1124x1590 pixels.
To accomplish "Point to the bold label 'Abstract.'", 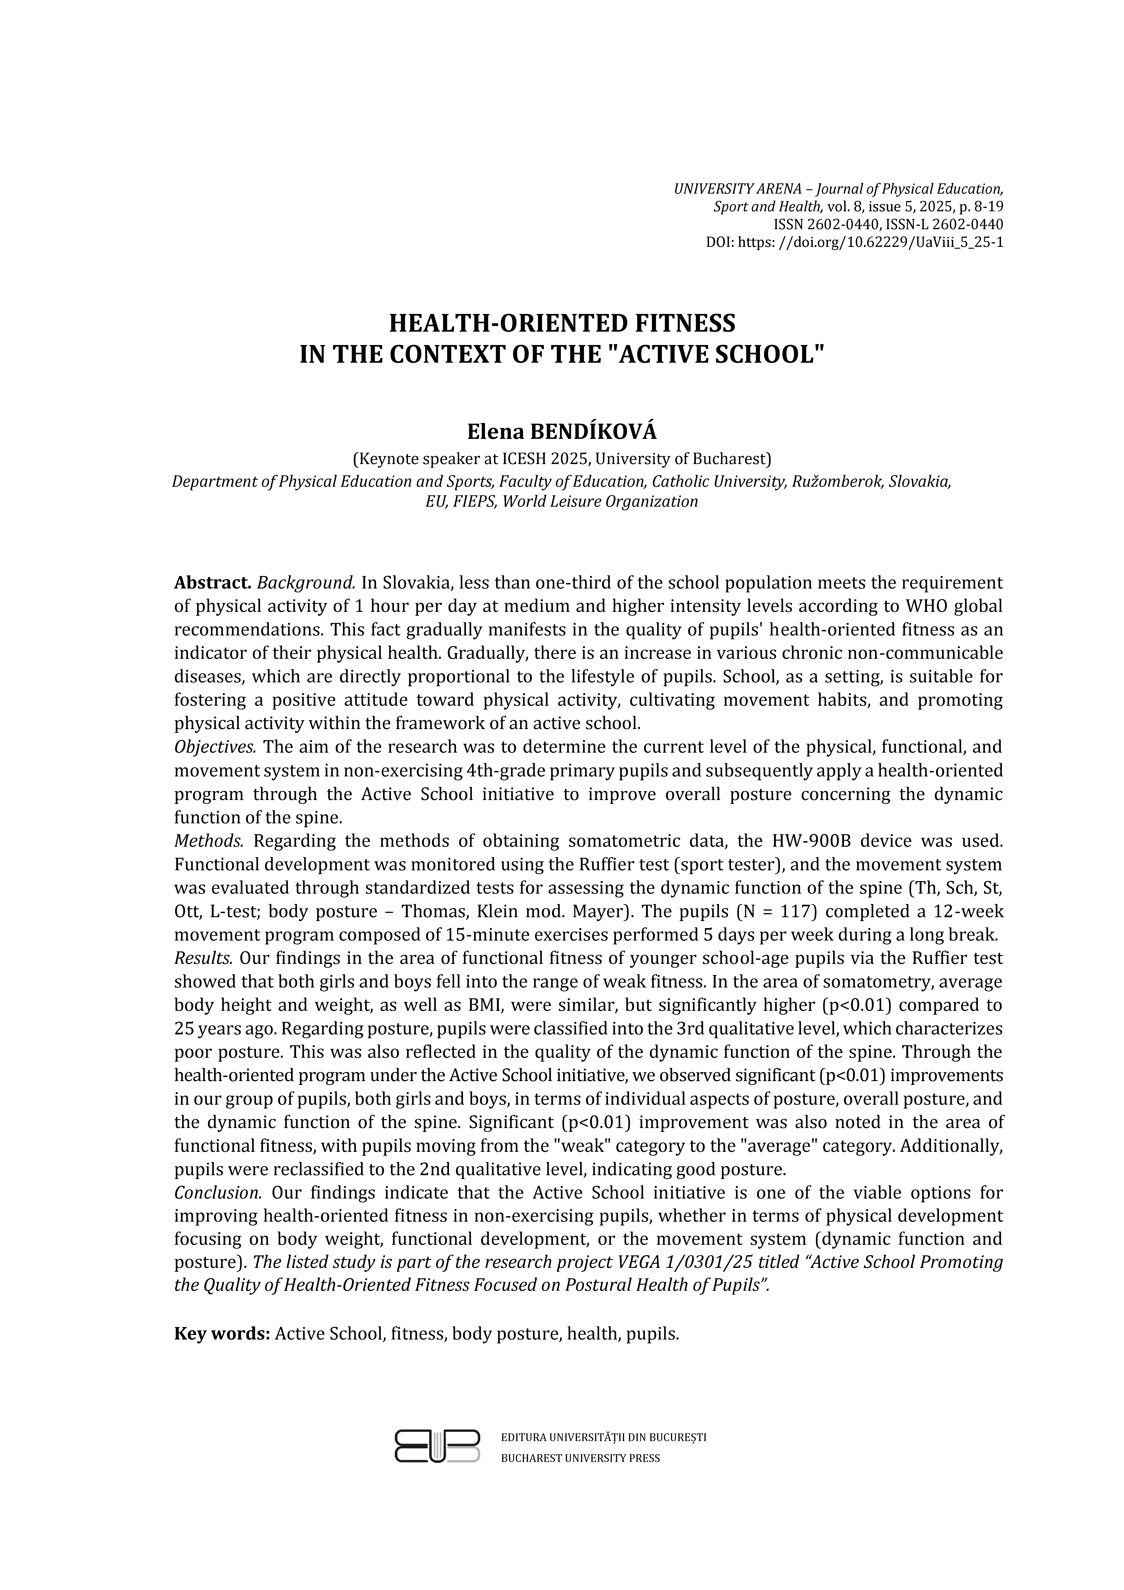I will click(x=212, y=582).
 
